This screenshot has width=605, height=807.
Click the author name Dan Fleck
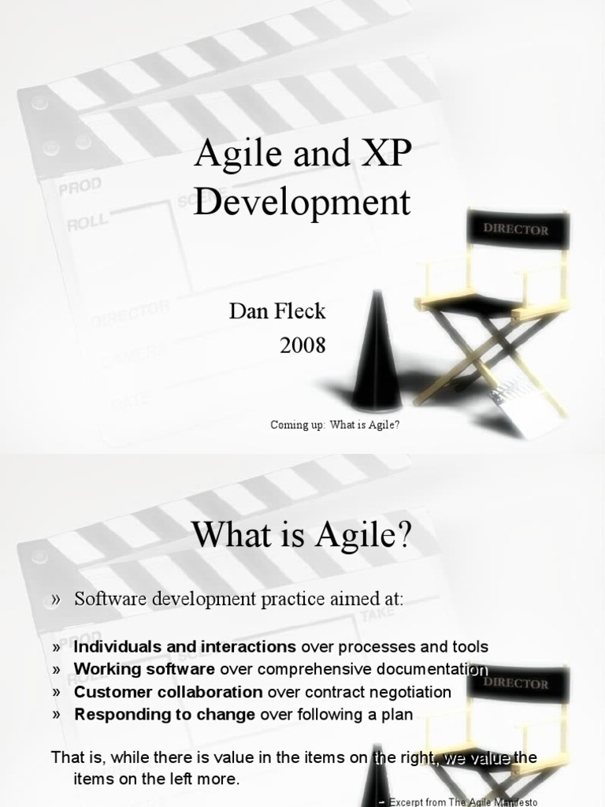coord(277,311)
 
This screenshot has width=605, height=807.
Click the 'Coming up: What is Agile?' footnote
coord(336,426)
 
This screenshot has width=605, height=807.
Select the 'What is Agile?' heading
coord(302,538)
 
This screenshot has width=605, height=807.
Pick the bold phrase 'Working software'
coord(144,670)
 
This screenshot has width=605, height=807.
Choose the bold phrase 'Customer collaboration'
coord(169,693)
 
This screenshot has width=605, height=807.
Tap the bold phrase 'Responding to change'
coord(165,716)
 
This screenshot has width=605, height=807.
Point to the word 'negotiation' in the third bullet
coord(409,693)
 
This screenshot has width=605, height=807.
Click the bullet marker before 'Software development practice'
coord(57,600)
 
